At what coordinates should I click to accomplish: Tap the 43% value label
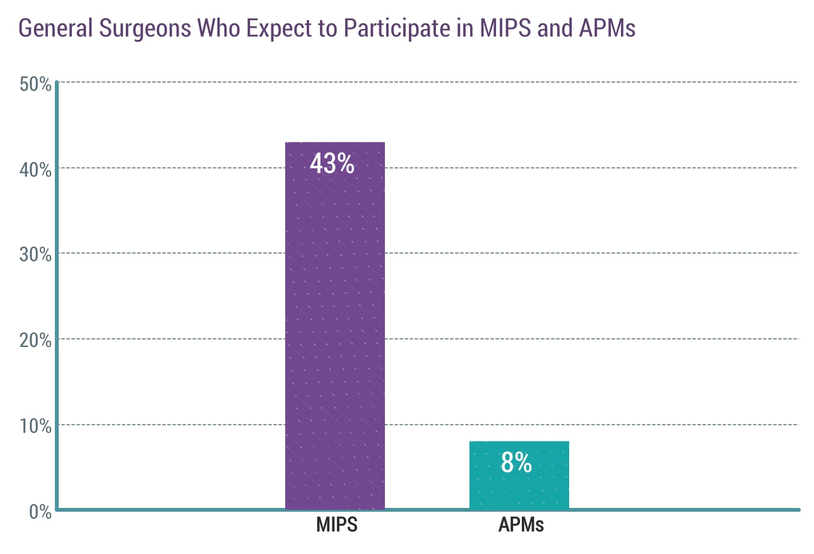pyautogui.click(x=332, y=164)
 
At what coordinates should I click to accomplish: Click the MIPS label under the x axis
pyautogui.click(x=336, y=525)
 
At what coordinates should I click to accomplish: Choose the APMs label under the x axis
pyautogui.click(x=521, y=525)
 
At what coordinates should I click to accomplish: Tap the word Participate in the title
pyautogui.click(x=388, y=28)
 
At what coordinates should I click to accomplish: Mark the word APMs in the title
pyautogui.click(x=606, y=28)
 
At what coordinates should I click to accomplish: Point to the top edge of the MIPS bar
pyautogui.click(x=335, y=143)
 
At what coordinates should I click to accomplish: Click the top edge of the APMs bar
pyautogui.click(x=519, y=442)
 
